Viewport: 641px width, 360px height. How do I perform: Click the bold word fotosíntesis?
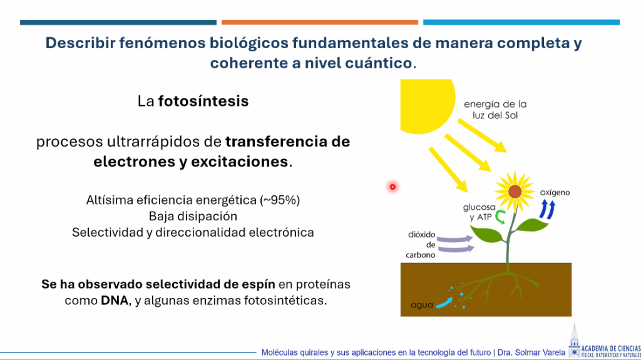point(203,101)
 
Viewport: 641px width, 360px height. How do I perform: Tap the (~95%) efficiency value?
point(280,200)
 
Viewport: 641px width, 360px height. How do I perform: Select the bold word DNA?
point(115,301)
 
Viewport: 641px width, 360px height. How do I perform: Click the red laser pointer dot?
point(392,187)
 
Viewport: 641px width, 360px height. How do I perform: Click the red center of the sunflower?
point(515,192)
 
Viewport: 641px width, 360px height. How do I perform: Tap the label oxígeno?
point(555,192)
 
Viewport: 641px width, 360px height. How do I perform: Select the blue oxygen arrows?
point(547,209)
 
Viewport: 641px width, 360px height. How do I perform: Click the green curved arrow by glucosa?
point(500,217)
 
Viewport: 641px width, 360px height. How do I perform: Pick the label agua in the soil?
point(422,305)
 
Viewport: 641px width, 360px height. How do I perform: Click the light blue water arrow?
point(444,303)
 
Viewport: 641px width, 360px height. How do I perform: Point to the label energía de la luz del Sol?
point(495,110)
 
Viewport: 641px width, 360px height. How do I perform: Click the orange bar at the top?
point(320,23)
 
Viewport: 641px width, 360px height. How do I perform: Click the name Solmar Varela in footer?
point(542,352)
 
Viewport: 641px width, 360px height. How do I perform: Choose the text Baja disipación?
point(193,216)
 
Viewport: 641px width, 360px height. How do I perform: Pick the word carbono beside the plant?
point(421,255)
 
